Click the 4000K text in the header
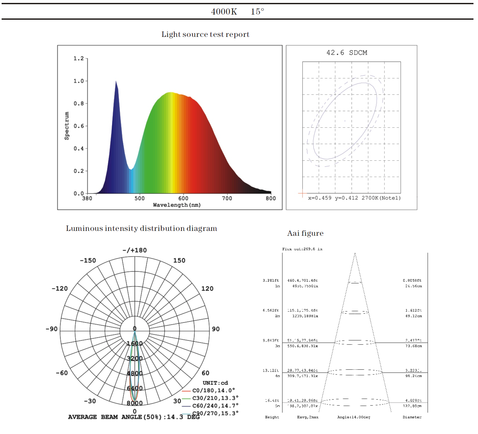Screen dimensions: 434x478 (x=224, y=12)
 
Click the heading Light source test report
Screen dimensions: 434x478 (x=205, y=34)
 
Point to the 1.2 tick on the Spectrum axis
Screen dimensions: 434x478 (x=79, y=59)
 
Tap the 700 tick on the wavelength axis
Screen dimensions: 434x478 (x=227, y=198)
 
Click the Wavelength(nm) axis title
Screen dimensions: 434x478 (x=177, y=205)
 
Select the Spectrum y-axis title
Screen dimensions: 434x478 (x=67, y=126)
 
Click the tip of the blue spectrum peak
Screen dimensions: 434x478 (x=116, y=81)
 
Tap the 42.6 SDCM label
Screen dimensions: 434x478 (x=347, y=53)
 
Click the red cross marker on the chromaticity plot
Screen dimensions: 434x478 (x=302, y=194)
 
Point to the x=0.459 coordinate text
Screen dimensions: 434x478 (x=320, y=198)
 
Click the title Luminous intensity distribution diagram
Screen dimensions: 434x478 (x=141, y=228)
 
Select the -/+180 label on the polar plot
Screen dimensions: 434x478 (x=135, y=250)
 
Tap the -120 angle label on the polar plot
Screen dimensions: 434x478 (x=60, y=288)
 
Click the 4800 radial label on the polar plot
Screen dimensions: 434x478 (x=135, y=373)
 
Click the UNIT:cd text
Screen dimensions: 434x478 (x=215, y=383)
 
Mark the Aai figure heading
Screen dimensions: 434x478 (x=305, y=233)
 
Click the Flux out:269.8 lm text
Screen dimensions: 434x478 (x=302, y=249)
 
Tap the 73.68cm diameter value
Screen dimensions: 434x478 (x=414, y=346)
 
